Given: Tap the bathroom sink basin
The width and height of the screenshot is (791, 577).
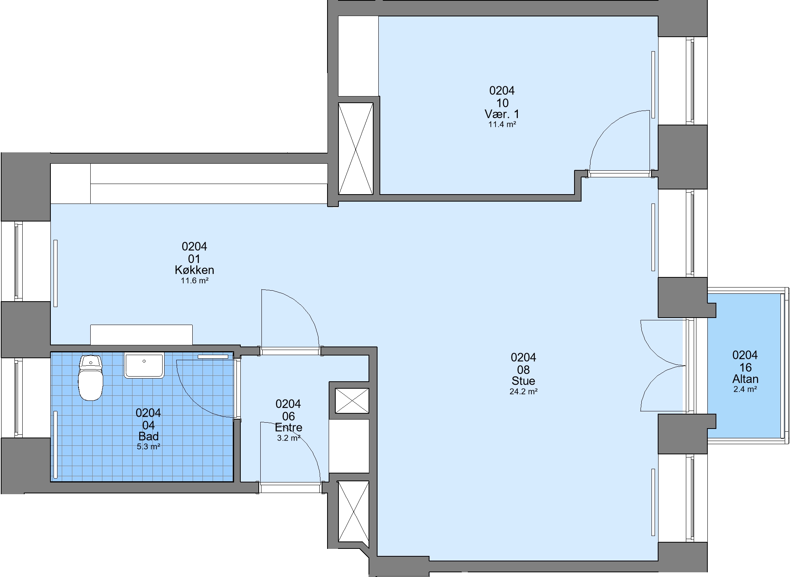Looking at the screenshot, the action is (x=144, y=366).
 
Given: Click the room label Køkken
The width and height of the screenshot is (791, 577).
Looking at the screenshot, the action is (x=194, y=270).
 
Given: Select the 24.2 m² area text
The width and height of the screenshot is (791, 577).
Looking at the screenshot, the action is (x=523, y=391).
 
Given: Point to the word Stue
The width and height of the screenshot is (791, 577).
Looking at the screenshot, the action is (x=523, y=381).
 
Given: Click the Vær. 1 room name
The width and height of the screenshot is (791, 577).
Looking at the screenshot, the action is (x=502, y=114).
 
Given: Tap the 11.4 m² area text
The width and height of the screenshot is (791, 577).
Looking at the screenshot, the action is (x=502, y=125).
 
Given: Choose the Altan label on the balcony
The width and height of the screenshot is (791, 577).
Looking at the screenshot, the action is (x=745, y=379).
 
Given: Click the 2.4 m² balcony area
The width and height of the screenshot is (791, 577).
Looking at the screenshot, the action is (x=745, y=389).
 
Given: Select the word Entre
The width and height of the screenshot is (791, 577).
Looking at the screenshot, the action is (x=288, y=427).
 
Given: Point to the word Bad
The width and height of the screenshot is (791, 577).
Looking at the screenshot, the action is (x=149, y=436).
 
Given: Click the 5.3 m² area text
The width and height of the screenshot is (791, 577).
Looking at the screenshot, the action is (x=149, y=447).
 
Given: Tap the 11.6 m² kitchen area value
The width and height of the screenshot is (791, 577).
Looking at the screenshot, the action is (x=194, y=280).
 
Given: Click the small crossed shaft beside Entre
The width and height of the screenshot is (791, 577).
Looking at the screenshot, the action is (x=352, y=400).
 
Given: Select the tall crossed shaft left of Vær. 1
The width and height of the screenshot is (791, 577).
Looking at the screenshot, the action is (x=356, y=148).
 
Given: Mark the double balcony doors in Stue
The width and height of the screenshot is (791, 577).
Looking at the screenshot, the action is (x=663, y=366).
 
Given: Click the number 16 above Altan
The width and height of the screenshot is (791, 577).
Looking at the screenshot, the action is (x=745, y=368).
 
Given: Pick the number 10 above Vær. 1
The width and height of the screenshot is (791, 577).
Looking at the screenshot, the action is (x=502, y=103).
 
